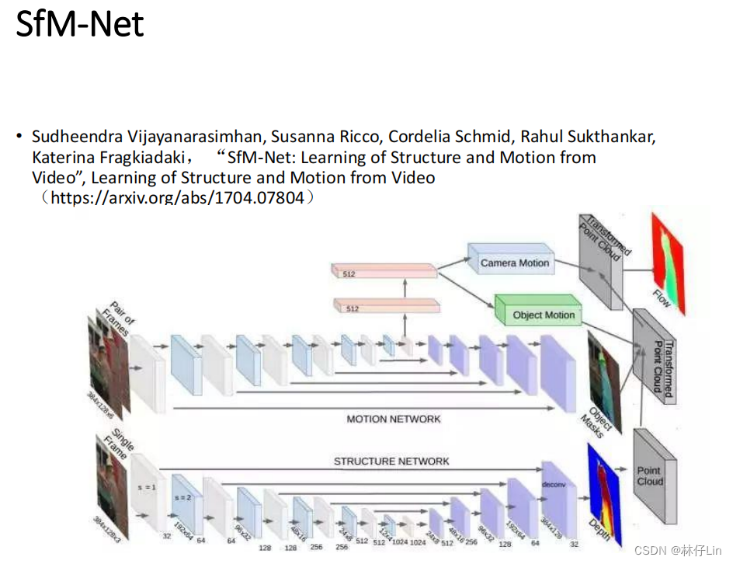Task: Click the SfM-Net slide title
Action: pos(80,25)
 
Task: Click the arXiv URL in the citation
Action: pos(177,198)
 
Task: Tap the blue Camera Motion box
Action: pos(513,262)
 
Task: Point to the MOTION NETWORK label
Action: pos(393,419)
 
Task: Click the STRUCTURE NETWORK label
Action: pos(391,461)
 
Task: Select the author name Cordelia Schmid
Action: pos(450,137)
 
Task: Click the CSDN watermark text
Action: pos(678,550)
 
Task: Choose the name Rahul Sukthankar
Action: pos(588,137)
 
